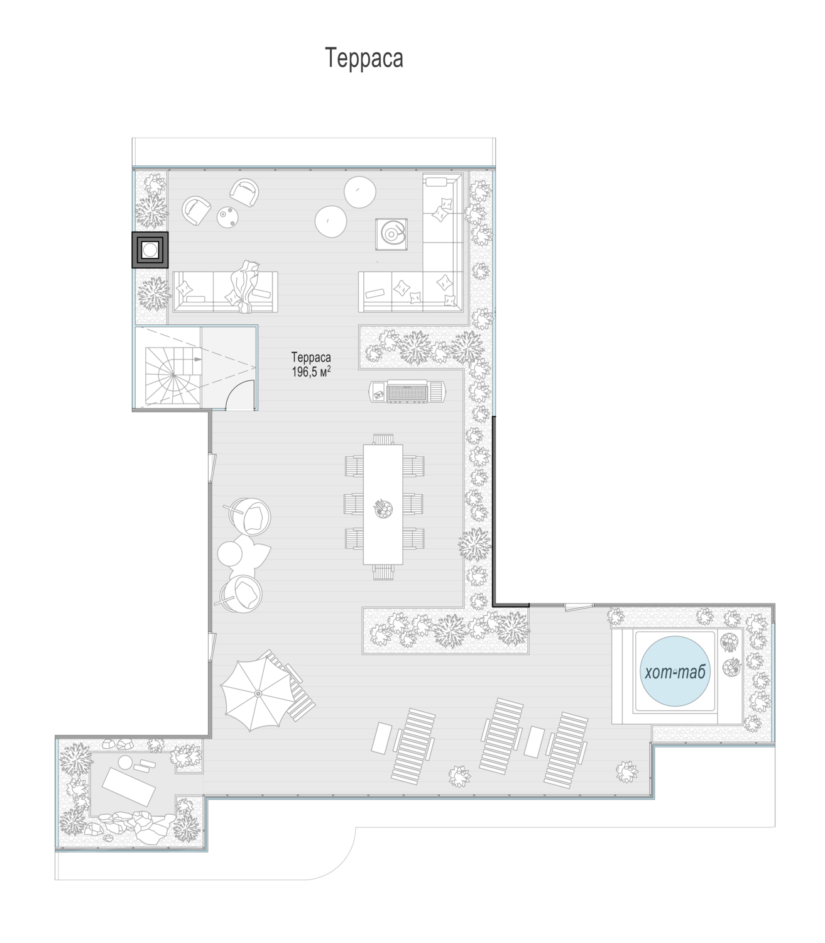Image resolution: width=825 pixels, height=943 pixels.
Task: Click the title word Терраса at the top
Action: click(364, 58)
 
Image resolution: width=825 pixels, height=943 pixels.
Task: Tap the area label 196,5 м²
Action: click(312, 372)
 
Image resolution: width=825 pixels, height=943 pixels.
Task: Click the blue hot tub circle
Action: click(675, 671)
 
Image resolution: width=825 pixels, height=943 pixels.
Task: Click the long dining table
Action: click(383, 504)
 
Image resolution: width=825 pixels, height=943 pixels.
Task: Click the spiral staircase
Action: click(173, 376)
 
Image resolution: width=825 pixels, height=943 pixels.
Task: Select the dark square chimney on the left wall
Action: click(150, 250)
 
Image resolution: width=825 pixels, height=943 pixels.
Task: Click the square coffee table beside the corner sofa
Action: click(391, 234)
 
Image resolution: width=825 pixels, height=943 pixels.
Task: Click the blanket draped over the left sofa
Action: click(244, 286)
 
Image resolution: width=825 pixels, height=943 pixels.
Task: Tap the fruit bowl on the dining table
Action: click(383, 509)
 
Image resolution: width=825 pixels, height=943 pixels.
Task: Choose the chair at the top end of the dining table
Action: click(383, 439)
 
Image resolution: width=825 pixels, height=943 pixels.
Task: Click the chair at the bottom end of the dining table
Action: click(383, 572)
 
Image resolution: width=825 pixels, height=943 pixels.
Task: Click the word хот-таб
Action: click(675, 673)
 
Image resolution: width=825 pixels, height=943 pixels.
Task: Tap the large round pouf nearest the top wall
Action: click(360, 192)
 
